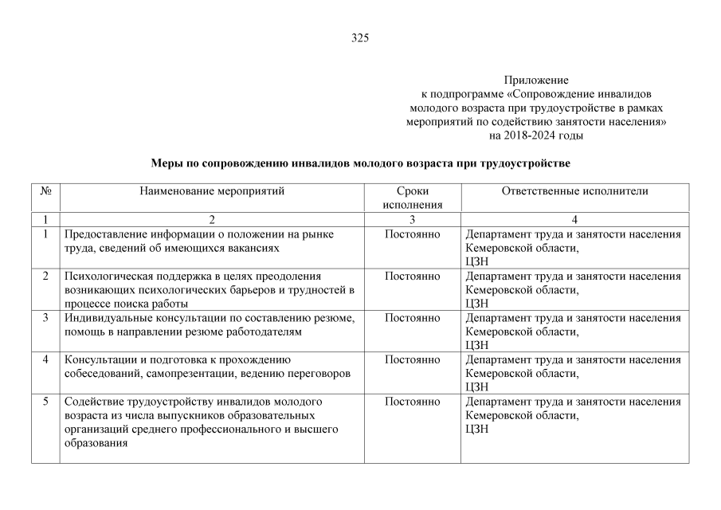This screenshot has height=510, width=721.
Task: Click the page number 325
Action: pos(360,38)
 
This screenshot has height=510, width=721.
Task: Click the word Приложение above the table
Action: pos(536,80)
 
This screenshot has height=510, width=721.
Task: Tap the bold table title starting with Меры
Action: pos(361,163)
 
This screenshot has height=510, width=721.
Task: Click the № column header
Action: pos(46,191)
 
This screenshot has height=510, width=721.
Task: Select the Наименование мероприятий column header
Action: pos(212,191)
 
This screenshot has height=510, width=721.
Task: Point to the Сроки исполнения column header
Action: pos(412,198)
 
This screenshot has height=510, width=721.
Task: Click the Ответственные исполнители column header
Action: pos(574,191)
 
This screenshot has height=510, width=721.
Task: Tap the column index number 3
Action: pos(412,219)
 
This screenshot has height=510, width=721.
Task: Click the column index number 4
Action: pos(574,219)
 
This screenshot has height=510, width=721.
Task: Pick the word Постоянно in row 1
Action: pos(412,234)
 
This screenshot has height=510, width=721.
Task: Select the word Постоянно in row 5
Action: pos(412,402)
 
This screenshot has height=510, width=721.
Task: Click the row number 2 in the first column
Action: pos(46,277)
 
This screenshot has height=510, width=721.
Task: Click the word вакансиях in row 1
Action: pos(254,248)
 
